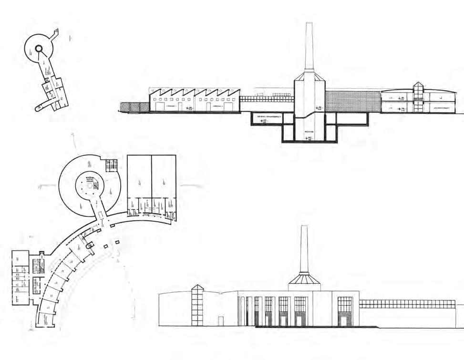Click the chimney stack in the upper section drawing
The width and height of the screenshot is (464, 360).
(x=309, y=45)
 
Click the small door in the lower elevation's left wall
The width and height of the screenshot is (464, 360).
(x=221, y=321)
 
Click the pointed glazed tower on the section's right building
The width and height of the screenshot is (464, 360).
(x=418, y=93)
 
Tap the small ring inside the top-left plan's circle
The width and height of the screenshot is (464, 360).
(x=39, y=48)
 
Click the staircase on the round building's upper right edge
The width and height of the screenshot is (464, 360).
(x=112, y=164)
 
